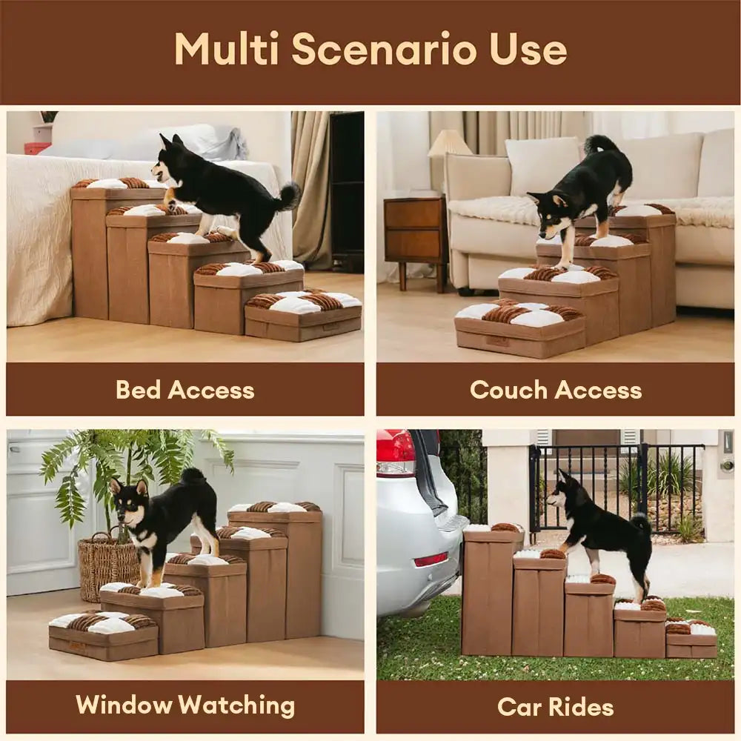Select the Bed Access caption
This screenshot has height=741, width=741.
point(185,390)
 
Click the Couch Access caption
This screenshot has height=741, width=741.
point(556,390)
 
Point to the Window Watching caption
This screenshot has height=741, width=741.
point(185,705)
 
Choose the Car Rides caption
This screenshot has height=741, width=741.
point(555,707)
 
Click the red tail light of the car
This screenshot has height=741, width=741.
point(396,452)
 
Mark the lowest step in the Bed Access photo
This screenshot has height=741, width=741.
point(303,315)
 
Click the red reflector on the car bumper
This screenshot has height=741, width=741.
point(430,559)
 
